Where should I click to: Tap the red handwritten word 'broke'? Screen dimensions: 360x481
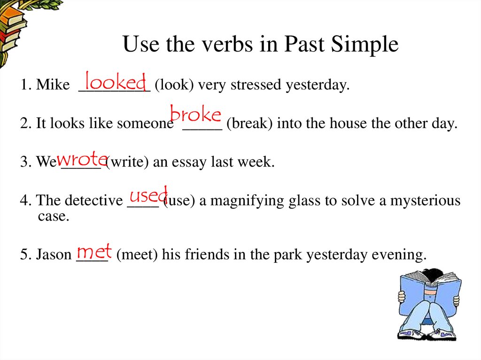point(195,115)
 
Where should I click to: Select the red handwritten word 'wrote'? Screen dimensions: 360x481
point(82,159)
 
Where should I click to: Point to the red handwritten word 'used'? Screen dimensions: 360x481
point(148,194)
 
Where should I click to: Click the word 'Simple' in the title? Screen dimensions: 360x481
point(365,45)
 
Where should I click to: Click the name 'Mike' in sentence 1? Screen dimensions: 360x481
point(53,85)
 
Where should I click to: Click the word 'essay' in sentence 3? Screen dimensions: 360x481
point(191,163)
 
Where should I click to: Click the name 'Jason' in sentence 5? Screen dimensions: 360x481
point(53,255)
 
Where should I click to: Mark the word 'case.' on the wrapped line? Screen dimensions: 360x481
point(53,216)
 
